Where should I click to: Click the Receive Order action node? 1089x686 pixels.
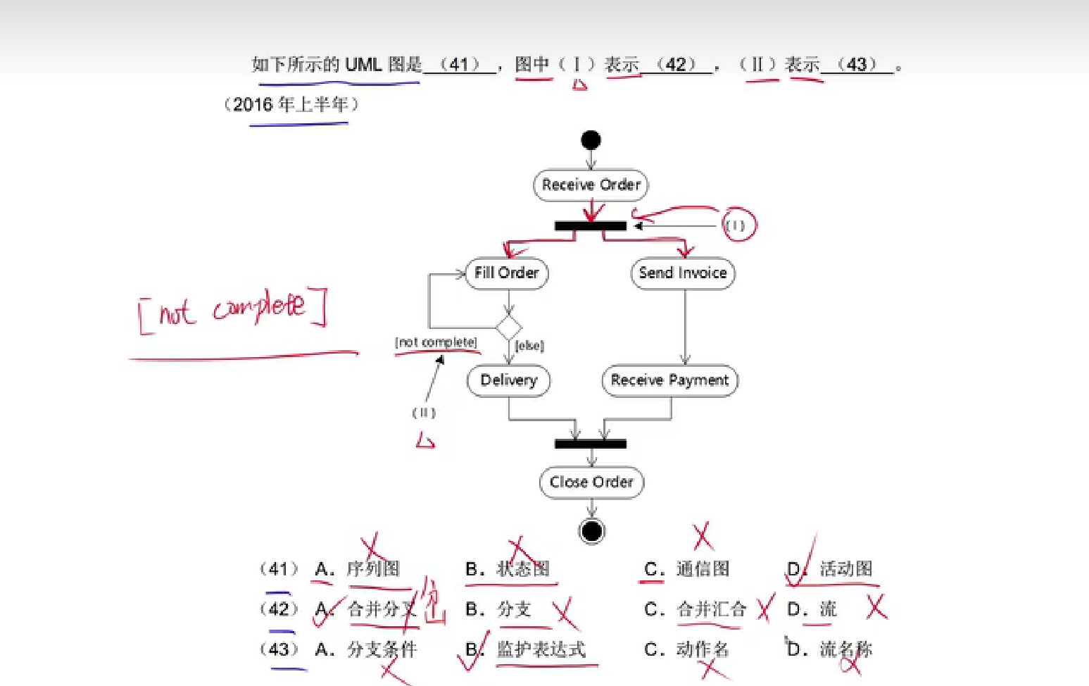tap(591, 185)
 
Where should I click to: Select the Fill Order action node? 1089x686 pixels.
tap(507, 273)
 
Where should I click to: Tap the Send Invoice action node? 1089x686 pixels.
tap(683, 273)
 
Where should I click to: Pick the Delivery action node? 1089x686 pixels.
tap(508, 381)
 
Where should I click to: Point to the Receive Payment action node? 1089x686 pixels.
tap(669, 381)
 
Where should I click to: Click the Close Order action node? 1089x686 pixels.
tap(591, 482)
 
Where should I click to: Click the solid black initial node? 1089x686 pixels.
tap(591, 140)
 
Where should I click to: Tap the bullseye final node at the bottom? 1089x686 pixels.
tap(592, 531)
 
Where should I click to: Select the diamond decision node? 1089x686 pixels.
tap(508, 328)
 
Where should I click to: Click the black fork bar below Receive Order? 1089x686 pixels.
tap(590, 226)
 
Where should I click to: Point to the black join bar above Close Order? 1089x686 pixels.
tap(590, 444)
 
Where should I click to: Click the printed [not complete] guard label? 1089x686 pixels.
tap(436, 342)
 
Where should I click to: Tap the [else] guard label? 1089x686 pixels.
tap(529, 346)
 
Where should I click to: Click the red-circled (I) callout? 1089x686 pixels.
tap(736, 225)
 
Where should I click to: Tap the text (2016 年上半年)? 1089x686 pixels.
tap(291, 105)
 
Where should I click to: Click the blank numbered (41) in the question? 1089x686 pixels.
tap(460, 65)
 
